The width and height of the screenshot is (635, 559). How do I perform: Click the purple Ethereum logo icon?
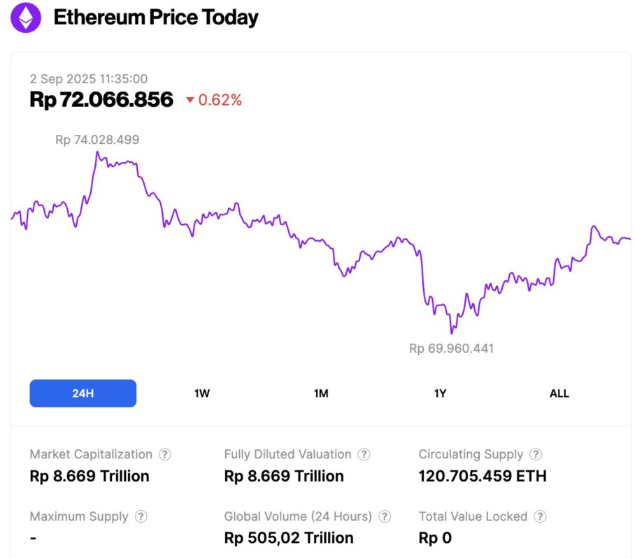[26, 17]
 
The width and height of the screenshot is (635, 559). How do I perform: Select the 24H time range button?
[83, 393]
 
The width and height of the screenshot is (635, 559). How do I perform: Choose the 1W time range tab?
[202, 393]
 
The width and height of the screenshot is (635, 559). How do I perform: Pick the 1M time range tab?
[321, 393]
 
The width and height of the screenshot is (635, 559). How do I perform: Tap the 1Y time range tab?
[440, 393]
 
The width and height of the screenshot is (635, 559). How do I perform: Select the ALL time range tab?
[559, 393]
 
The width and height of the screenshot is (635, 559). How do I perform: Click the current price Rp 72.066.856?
[101, 100]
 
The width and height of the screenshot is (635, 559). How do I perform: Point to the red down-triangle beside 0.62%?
[190, 101]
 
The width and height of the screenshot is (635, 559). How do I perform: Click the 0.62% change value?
[220, 101]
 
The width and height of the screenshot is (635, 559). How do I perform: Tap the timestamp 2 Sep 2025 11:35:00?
[89, 79]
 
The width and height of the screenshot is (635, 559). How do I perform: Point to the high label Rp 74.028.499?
[97, 140]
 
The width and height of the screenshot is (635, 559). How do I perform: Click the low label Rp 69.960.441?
[451, 348]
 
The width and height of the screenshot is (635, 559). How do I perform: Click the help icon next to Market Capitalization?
[164, 454]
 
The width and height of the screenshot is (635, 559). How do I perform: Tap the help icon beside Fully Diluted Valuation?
[364, 454]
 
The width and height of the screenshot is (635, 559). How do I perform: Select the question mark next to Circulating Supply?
[535, 454]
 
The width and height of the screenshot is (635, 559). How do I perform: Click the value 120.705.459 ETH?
[483, 477]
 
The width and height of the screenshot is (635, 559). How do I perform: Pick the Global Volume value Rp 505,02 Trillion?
[289, 538]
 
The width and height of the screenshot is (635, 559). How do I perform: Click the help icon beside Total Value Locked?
[539, 516]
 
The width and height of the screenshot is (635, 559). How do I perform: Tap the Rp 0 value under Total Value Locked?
[435, 538]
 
